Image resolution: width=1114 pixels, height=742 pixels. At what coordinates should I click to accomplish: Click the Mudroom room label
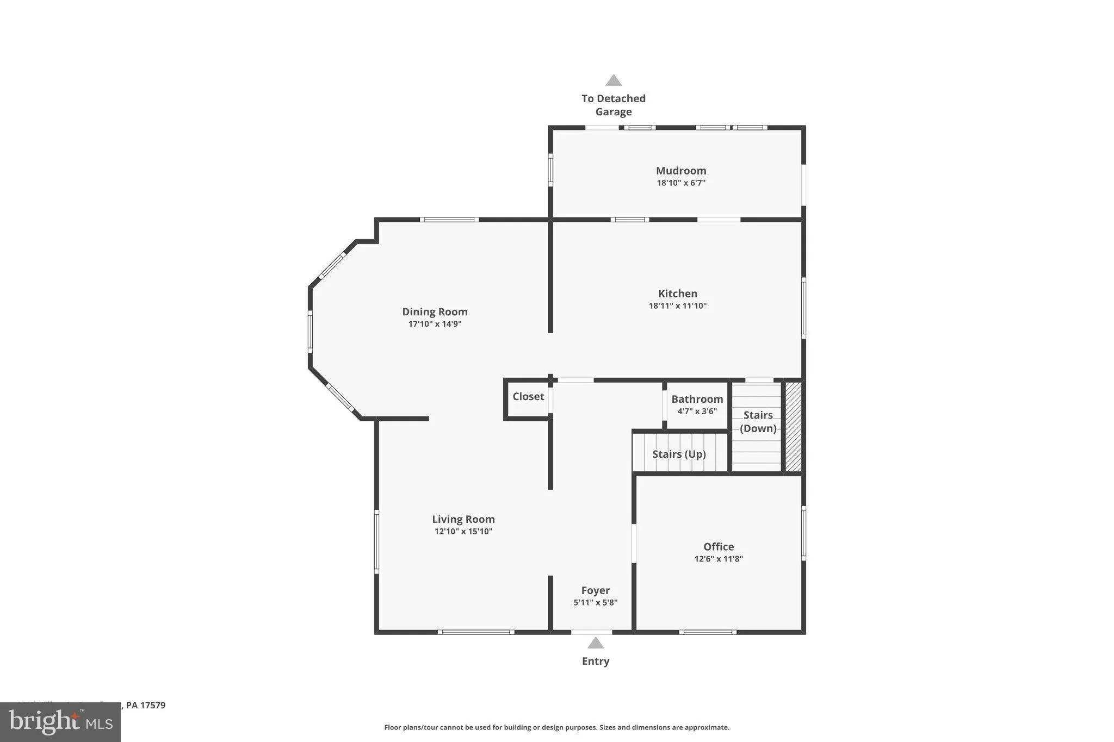(680, 171)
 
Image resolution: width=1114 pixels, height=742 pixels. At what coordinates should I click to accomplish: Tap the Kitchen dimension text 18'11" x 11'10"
(677, 305)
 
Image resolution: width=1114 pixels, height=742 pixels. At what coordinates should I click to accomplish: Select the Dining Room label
(435, 311)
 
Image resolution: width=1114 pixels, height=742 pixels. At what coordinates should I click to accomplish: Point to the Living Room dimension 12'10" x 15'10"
(463, 532)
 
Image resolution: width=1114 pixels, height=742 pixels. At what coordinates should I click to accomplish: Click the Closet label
(528, 396)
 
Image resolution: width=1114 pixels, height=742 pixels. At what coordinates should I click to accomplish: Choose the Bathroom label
(697, 399)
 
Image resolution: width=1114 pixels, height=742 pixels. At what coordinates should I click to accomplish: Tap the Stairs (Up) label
(679, 454)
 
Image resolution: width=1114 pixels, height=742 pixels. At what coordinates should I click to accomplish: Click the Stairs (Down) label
(758, 421)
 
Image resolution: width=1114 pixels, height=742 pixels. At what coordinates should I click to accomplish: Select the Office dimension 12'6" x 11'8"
(718, 559)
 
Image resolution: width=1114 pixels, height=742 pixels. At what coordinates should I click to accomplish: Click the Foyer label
(595, 590)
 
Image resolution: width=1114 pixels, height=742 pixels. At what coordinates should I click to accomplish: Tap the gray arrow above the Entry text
(595, 643)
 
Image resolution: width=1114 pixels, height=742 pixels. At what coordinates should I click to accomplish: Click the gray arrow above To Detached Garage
(613, 80)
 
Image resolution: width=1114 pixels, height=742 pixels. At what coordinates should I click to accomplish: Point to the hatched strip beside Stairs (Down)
(793, 427)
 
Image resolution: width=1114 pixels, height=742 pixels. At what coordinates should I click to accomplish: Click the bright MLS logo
(60, 722)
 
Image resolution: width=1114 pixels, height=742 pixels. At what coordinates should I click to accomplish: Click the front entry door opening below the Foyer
(591, 632)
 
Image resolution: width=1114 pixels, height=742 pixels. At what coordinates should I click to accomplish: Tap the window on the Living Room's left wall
(376, 541)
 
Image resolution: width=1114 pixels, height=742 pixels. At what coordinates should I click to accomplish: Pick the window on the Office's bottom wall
(707, 632)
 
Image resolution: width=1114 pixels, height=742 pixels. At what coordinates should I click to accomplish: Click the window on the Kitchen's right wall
(803, 308)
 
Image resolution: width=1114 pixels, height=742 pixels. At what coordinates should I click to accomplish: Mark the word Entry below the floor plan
(595, 662)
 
